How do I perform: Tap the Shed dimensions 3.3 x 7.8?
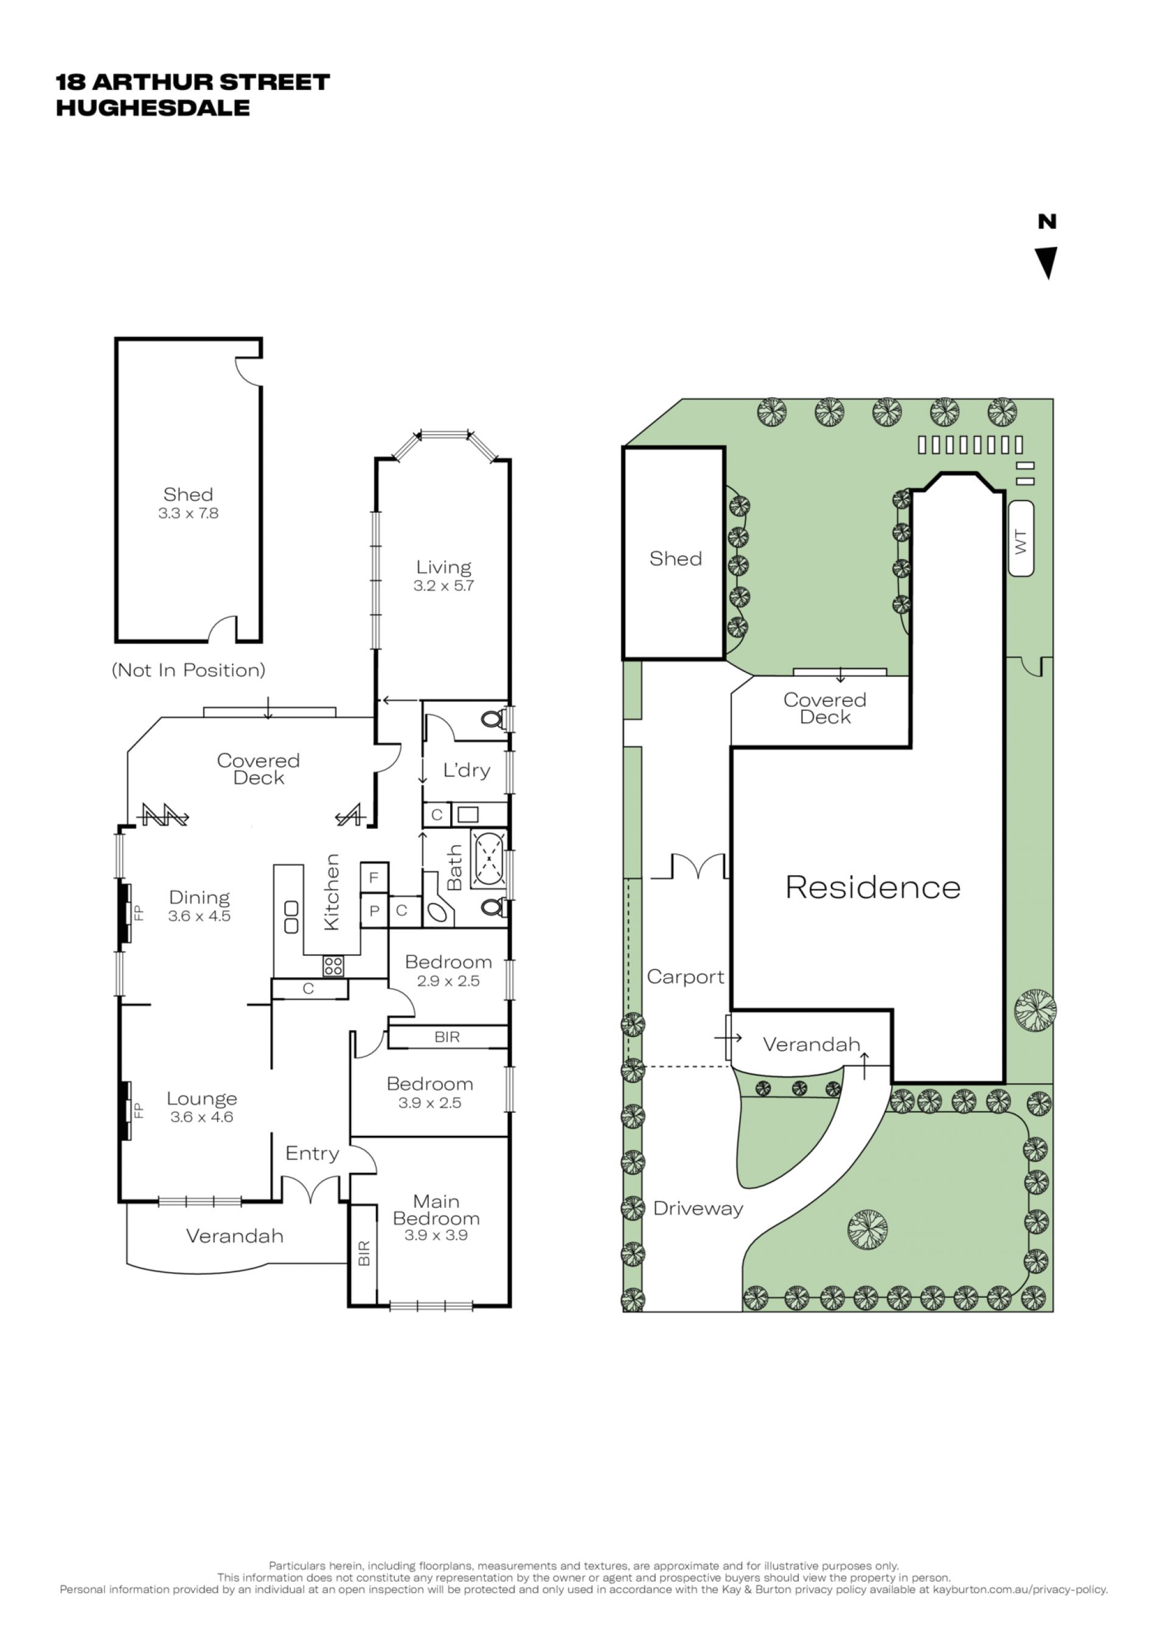tap(189, 513)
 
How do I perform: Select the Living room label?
tap(443, 567)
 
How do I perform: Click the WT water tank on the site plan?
tap(1021, 539)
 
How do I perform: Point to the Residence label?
tap(873, 887)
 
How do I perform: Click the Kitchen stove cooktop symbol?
tap(333, 966)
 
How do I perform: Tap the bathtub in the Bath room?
tap(489, 859)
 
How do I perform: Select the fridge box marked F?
tap(374, 877)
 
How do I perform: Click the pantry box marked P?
tap(374, 911)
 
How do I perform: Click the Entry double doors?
tap(311, 1189)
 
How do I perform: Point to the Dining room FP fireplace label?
tap(139, 913)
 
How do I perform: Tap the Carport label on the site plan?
tap(686, 977)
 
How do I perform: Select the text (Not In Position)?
tap(189, 670)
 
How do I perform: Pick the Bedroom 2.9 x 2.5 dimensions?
tap(448, 981)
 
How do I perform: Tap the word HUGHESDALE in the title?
tap(153, 108)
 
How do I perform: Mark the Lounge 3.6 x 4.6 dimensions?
tap(202, 1116)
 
